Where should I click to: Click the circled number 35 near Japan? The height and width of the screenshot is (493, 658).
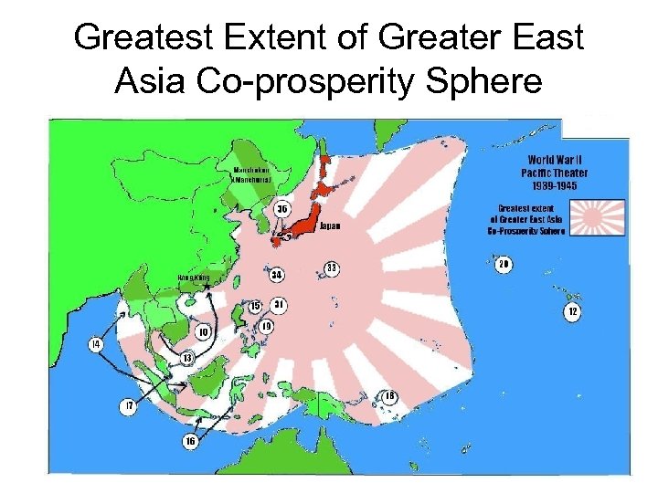point(282,209)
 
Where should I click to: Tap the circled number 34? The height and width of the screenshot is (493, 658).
point(277,274)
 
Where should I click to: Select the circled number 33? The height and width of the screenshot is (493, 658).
point(333,267)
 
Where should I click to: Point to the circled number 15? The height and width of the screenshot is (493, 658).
point(256,305)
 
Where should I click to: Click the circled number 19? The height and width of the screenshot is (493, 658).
point(267,326)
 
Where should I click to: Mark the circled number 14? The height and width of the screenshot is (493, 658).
point(95,344)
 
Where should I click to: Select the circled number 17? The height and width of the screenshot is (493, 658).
point(130,404)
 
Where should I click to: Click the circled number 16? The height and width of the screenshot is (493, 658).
point(190,441)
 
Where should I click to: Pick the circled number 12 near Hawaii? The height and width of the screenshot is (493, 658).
point(573,312)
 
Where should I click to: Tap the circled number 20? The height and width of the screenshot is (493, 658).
point(503,265)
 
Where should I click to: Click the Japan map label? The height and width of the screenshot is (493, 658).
point(330,228)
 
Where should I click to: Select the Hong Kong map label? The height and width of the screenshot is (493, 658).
point(192,277)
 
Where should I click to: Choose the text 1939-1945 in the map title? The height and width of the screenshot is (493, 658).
point(555,185)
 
